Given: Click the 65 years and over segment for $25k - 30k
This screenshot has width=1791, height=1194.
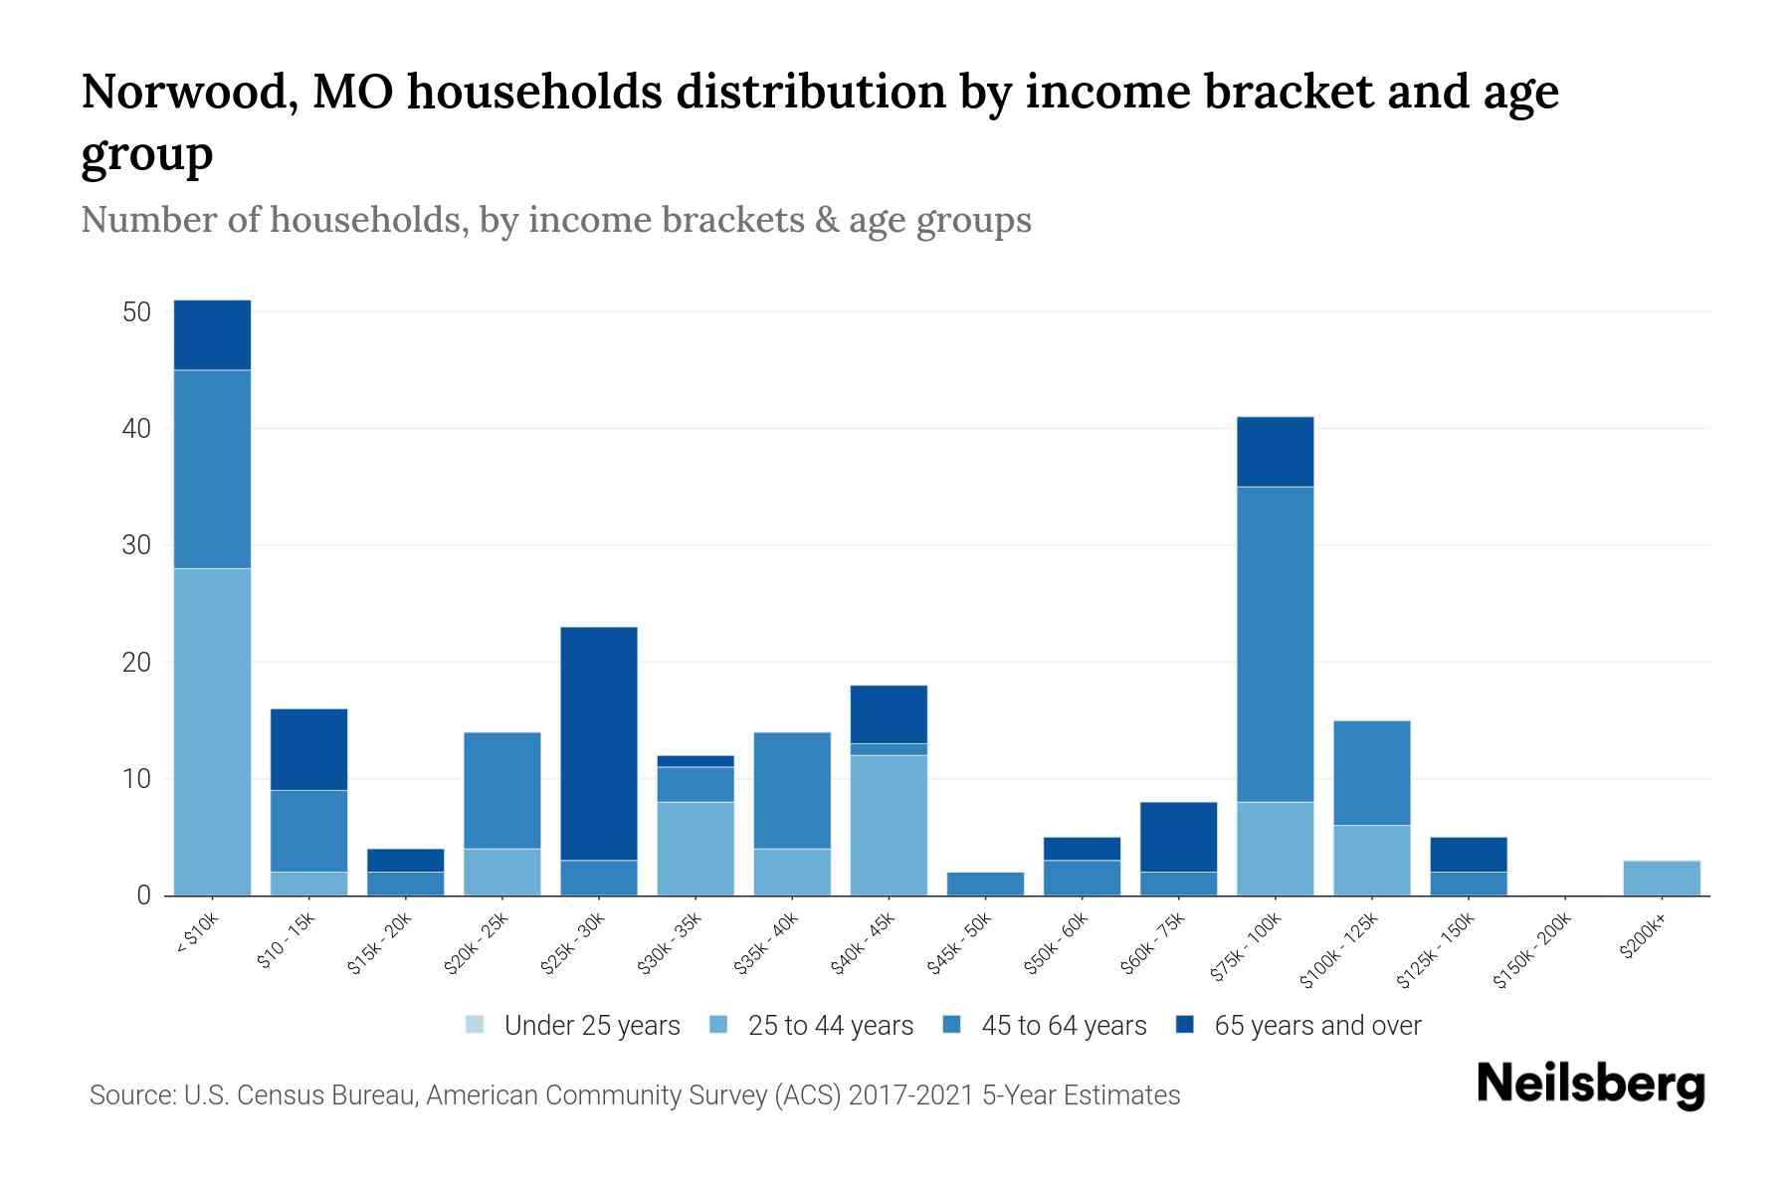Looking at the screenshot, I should pos(599,743).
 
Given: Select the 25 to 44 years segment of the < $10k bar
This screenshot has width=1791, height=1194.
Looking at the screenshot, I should pos(212,731).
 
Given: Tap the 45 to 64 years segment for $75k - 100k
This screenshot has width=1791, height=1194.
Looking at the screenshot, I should pos(1275,644).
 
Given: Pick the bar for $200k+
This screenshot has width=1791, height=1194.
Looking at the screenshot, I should pos(1661,878).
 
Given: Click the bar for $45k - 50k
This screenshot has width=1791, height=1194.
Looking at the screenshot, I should pos(985,884).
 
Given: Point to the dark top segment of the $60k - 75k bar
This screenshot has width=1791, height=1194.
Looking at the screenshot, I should pos(1178,837).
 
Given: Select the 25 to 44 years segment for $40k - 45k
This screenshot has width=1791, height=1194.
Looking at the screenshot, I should pos(889,825).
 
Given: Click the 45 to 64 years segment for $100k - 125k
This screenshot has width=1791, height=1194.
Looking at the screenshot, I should pos(1371,773).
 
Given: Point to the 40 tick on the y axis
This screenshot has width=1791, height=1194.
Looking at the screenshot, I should pos(136,429).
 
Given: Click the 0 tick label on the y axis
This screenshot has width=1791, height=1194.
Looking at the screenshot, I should pos(143,895).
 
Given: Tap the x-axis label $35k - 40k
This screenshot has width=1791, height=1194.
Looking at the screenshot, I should pos(766,942).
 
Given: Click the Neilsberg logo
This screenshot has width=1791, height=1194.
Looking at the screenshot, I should pos(1590,1085).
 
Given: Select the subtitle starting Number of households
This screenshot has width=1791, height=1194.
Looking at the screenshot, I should pos(555,220).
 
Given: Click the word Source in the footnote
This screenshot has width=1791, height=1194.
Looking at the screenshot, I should pos(131,1095).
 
